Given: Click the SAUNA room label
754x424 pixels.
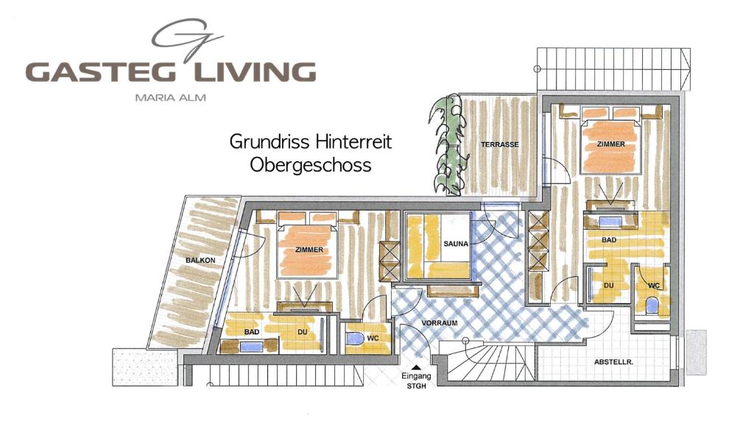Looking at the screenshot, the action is tap(455, 244).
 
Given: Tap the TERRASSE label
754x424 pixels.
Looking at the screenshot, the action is tap(500, 144).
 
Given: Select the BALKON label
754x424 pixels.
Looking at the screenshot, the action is tap(200, 260).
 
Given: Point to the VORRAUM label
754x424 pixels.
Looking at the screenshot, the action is tap(439, 323).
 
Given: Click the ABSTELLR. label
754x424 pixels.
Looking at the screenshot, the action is tap(613, 361).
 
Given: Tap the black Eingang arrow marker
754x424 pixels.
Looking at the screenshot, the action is tap(417, 368).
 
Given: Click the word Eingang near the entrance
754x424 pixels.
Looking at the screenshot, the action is tap(417, 376).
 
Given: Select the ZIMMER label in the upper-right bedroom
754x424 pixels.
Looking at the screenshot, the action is tap(610, 144).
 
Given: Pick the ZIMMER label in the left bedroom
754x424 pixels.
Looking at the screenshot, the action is tap(309, 250).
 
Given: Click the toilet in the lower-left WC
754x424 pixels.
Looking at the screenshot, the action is tap(356, 339).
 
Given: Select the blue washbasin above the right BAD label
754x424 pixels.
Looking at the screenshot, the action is tap(610, 222).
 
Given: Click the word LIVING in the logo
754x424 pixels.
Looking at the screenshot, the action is tap(254, 71).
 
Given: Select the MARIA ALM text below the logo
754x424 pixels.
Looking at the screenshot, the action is tap(170, 98).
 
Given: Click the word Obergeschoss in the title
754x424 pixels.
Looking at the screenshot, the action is tap(311, 166).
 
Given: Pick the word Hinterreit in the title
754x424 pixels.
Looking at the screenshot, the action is tap(353, 141).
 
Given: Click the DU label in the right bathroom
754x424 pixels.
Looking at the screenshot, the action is tap(608, 285).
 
